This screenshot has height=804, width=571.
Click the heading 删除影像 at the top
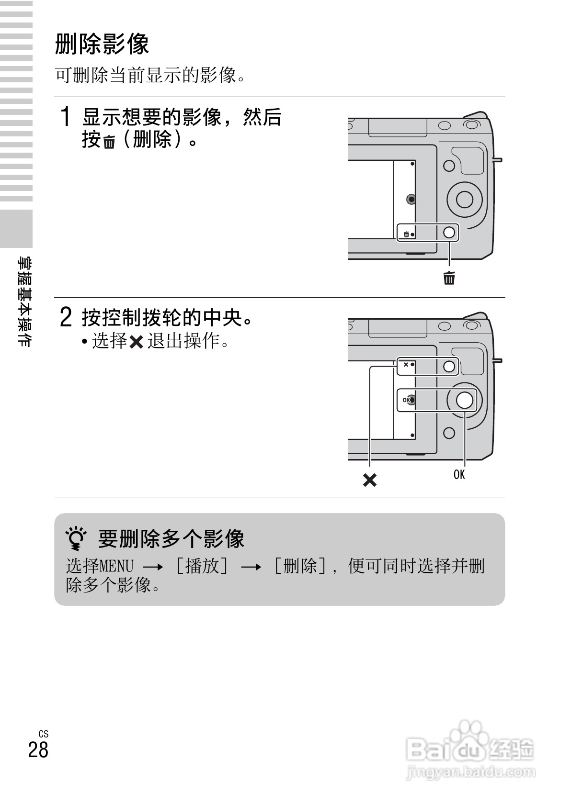coord(102,44)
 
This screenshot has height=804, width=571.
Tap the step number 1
coord(67,117)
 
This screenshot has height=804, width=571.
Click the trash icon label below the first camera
coord(449,278)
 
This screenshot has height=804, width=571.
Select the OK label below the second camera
coord(459,474)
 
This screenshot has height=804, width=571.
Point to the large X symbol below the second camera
coord(369,480)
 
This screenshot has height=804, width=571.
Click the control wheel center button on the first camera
coord(464,199)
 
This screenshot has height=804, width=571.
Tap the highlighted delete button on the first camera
coord(449,233)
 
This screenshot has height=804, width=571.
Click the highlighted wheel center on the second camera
coord(464,400)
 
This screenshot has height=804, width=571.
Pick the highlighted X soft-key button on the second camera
coord(449,367)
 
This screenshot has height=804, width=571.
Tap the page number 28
coord(38,749)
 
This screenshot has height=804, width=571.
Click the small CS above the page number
coord(44,734)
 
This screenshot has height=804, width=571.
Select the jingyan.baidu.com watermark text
coord(470,772)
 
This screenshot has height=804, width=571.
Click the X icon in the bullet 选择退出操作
coord(137,342)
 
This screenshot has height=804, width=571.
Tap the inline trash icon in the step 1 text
coord(109,142)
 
